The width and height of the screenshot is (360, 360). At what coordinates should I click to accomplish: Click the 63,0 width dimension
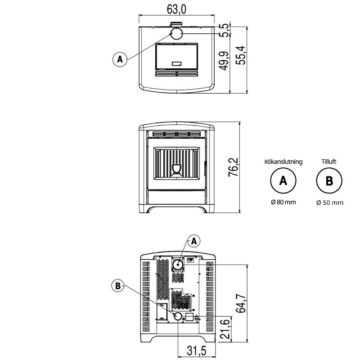pyautogui.click(x=176, y=9)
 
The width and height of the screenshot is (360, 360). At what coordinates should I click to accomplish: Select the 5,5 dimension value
pyautogui.click(x=224, y=30)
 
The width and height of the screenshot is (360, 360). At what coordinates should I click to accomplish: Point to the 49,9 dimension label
pyautogui.click(x=224, y=61)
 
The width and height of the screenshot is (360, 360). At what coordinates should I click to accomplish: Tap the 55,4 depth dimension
pyautogui.click(x=240, y=55)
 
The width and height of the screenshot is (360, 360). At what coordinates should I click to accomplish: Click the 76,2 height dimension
pyautogui.click(x=233, y=167)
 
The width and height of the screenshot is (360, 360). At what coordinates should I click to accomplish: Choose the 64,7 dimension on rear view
pyautogui.click(x=241, y=303)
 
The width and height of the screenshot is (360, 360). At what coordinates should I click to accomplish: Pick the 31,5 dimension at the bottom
pyautogui.click(x=197, y=351)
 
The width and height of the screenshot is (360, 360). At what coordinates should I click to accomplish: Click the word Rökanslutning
pyautogui.click(x=283, y=162)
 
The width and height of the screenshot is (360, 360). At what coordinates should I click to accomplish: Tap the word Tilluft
pyautogui.click(x=329, y=162)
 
